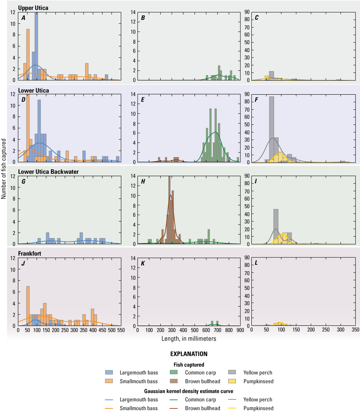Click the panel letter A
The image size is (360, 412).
[x=23, y=17]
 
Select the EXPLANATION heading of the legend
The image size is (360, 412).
[x=189, y=354]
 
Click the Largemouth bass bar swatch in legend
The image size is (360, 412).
[x=109, y=373]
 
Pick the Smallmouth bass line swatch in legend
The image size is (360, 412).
[x=109, y=408]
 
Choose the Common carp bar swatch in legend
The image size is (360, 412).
[x=174, y=373]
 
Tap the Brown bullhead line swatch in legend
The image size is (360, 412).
[x=174, y=408]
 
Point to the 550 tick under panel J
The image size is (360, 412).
[x=121, y=330]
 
